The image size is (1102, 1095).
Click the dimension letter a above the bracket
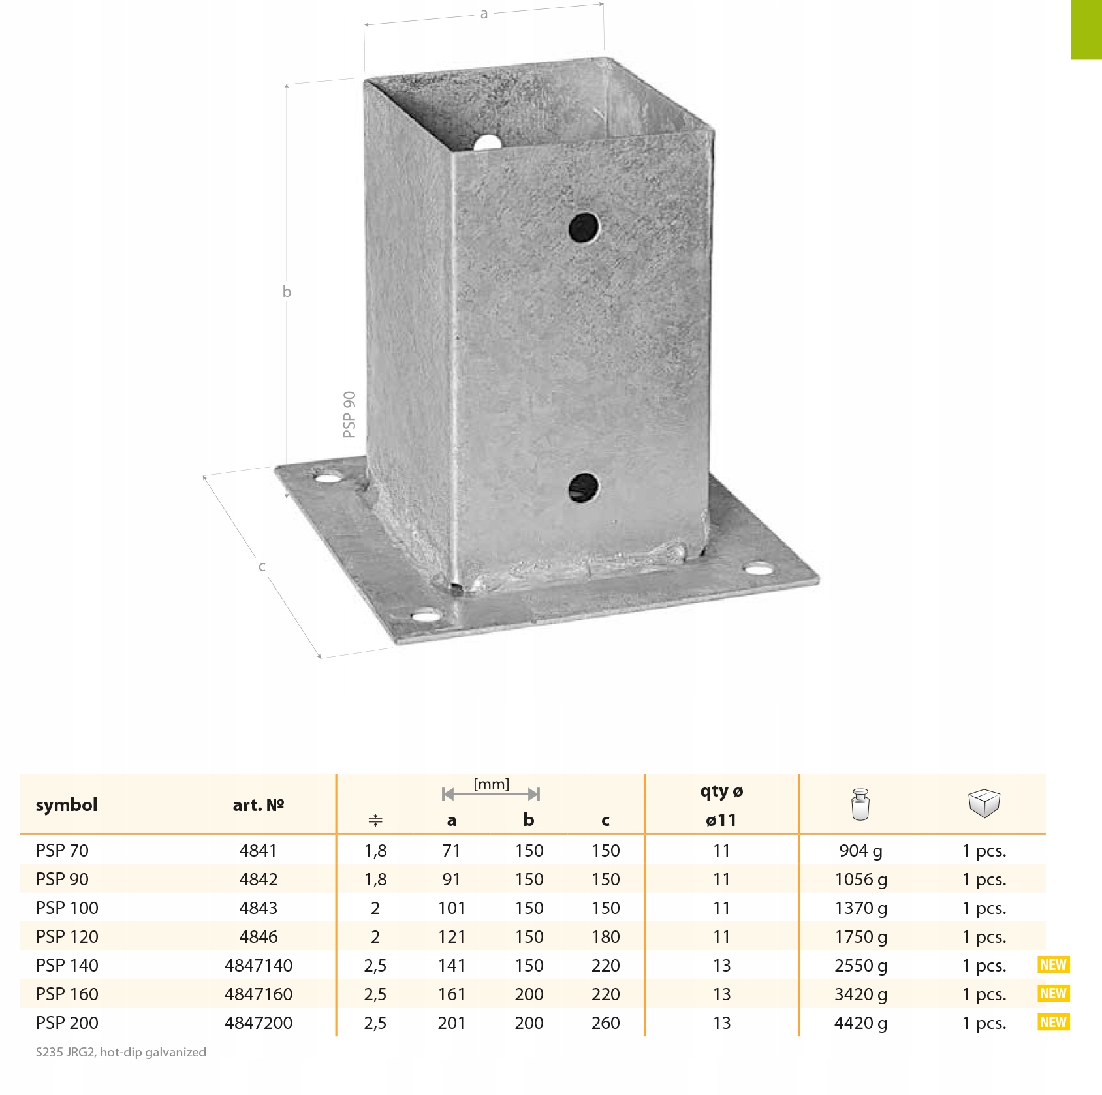pyautogui.click(x=484, y=14)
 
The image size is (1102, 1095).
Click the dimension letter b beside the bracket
pyautogui.click(x=287, y=291)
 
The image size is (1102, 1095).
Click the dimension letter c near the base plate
pyautogui.click(x=262, y=566)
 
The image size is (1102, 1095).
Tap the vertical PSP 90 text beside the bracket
pyautogui.click(x=350, y=415)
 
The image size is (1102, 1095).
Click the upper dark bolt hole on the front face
pyautogui.click(x=584, y=227)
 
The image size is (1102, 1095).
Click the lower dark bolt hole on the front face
pyautogui.click(x=583, y=488)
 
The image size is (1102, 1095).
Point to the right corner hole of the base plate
pyautogui.click(x=758, y=569)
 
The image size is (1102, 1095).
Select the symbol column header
pyautogui.click(x=67, y=804)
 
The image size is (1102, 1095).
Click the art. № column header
pyautogui.click(x=259, y=804)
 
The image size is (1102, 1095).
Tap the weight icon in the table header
pyautogui.click(x=861, y=804)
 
